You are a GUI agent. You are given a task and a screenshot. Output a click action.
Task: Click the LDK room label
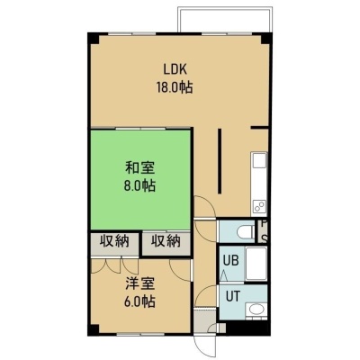(175, 69)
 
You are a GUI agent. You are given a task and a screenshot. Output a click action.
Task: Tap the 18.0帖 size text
(175, 87)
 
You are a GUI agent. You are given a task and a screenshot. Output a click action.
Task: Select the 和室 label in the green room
(140, 168)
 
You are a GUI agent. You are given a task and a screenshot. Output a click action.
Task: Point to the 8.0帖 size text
(140, 186)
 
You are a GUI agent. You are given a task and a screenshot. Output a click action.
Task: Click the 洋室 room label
(140, 284)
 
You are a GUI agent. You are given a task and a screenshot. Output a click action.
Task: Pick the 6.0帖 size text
(140, 301)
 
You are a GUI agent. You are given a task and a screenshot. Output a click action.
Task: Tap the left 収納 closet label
(114, 241)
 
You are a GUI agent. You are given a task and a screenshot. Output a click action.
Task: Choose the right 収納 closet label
(166, 241)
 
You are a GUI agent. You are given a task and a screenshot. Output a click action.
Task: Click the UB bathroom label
(231, 260)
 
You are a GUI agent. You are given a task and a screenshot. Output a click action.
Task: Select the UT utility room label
(233, 296)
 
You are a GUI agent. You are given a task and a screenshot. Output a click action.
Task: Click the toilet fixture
(246, 232)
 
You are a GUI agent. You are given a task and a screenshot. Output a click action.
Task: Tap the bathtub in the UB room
(256, 264)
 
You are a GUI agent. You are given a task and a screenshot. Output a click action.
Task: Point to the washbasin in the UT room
(256, 310)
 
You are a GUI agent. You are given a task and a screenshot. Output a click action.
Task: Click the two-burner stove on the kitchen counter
(259, 206)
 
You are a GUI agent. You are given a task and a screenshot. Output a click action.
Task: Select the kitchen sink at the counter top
(259, 160)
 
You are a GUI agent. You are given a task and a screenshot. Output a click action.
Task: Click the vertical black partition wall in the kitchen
(220, 161)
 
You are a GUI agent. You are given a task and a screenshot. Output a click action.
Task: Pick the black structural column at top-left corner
(93, 39)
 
